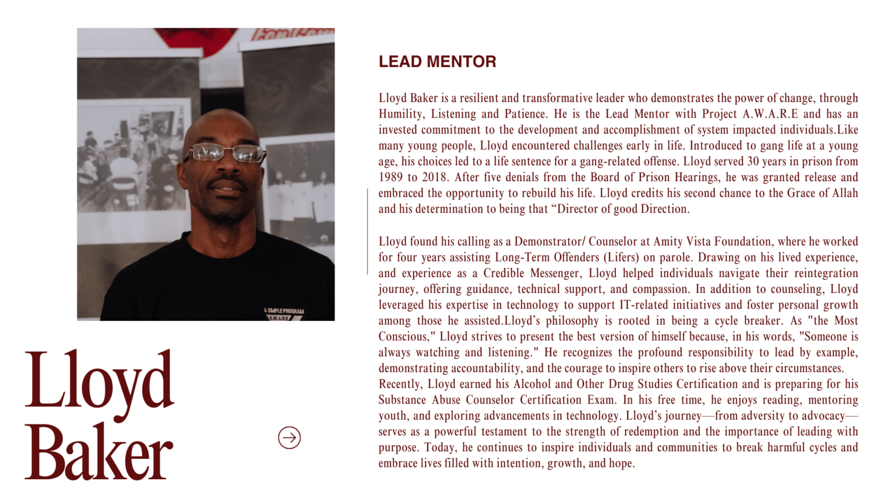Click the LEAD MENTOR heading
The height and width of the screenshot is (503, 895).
[x=437, y=62]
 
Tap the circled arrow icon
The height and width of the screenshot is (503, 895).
[x=289, y=438]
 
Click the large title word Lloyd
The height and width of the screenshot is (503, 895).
[x=100, y=381]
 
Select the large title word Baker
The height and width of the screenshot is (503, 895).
[x=98, y=453]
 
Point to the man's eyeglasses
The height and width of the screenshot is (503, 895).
[x=225, y=153]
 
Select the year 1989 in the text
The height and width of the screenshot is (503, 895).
[x=391, y=178]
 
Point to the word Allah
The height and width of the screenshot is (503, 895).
[x=845, y=193]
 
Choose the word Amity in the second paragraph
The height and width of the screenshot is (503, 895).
[x=667, y=242]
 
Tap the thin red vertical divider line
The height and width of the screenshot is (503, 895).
[x=368, y=231]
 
